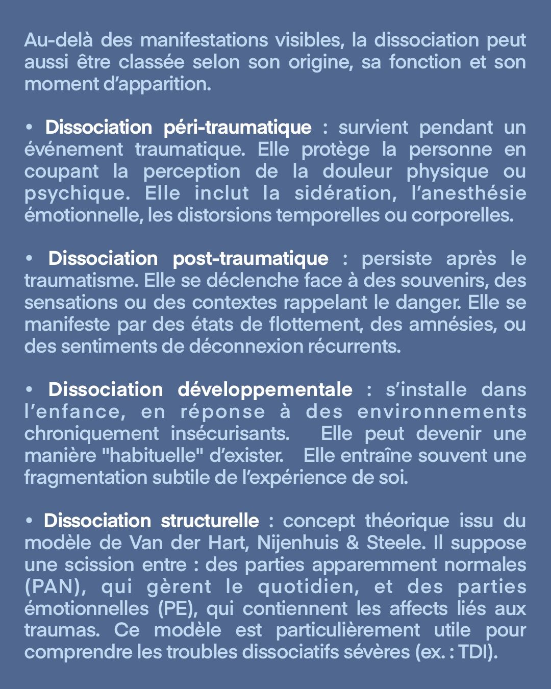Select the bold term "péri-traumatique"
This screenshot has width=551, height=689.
pos(237,127)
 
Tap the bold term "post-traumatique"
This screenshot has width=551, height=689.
pos(251,258)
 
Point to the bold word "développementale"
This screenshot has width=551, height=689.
pos(265,389)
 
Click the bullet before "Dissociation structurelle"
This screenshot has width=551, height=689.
pos(30,521)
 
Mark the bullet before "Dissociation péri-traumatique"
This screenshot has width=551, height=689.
pos(30,127)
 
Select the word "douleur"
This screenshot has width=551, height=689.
pos(357,171)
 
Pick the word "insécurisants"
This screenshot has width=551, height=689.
pos(230,433)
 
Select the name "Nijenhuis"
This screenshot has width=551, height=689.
pos(297,543)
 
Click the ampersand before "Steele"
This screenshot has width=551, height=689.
pos(353,543)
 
